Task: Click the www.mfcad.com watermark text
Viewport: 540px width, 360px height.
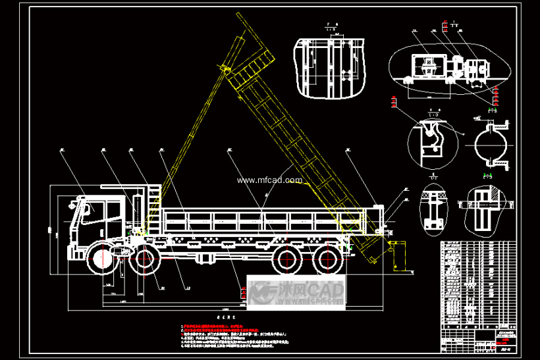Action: point(269,180)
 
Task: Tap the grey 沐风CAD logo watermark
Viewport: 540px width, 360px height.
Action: point(296,292)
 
